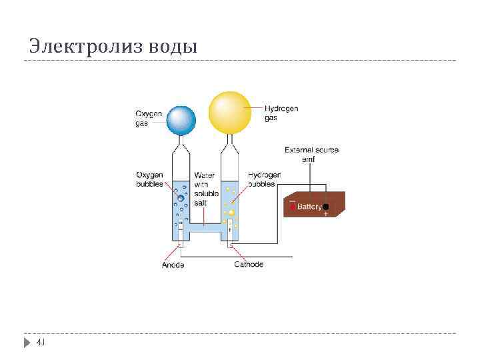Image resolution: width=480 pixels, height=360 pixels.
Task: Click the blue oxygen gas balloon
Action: click(181, 120)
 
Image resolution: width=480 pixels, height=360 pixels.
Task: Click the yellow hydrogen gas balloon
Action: click(229, 111)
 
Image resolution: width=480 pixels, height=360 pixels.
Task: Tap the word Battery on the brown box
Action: click(309, 207)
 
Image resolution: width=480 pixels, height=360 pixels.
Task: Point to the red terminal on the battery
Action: click(291, 207)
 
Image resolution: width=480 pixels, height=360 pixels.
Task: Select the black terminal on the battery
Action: click(325, 207)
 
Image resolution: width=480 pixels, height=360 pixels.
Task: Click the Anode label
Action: click(173, 265)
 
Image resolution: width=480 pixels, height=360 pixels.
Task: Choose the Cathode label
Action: click(248, 265)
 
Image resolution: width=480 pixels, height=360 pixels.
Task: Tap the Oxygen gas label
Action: click(149, 118)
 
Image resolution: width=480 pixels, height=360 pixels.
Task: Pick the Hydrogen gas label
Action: click(281, 113)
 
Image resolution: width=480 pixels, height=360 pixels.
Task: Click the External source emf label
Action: click(311, 155)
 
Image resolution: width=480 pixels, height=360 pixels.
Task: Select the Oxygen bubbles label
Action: click(149, 179)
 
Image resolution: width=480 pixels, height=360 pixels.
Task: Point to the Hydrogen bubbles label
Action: click(264, 179)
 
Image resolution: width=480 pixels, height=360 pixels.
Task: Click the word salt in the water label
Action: click(200, 202)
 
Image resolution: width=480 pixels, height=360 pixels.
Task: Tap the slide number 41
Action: click(40, 342)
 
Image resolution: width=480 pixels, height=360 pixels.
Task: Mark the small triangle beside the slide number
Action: click(27, 343)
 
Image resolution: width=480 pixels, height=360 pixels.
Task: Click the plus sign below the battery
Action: click(325, 215)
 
